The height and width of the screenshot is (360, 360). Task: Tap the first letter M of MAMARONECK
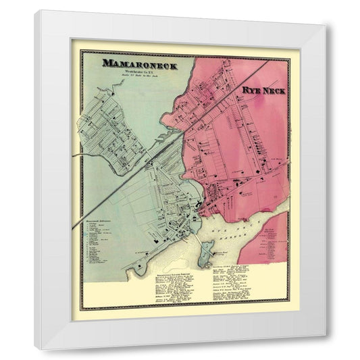(106, 64)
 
